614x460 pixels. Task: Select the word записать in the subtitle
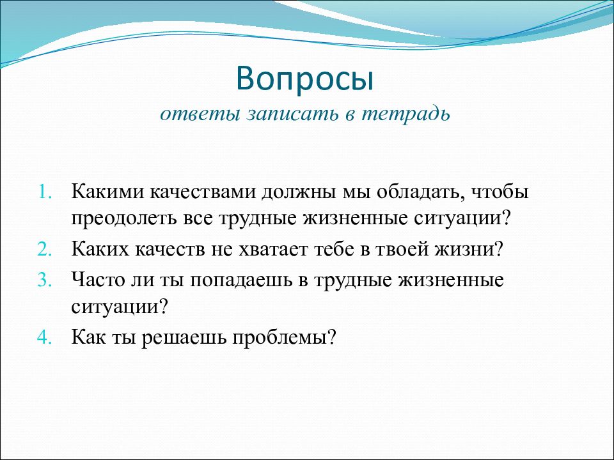pos(292,114)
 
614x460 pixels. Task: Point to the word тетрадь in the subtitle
pos(405,114)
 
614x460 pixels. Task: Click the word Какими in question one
pos(107,192)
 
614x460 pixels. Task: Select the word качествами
pos(203,192)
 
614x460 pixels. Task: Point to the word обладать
pos(421,192)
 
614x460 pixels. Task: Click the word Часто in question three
pos(97,279)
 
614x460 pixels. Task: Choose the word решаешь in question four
pos(184,337)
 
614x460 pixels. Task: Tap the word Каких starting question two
pos(100,249)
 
